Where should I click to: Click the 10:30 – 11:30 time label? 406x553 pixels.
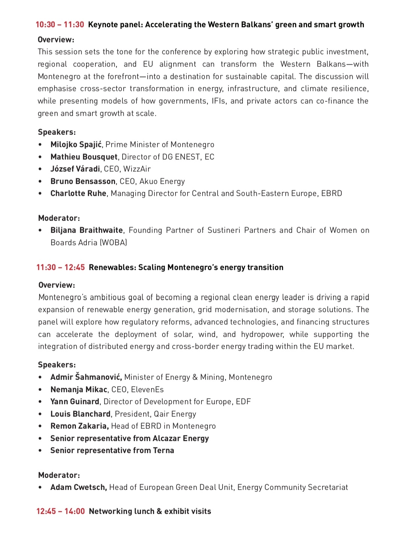[x=60, y=25]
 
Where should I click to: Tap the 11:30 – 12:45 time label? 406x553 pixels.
[x=61, y=268]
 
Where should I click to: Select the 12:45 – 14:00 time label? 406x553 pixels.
[x=61, y=511]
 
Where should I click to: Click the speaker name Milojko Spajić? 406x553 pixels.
[x=76, y=145]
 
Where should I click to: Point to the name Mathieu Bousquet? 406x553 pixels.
[x=84, y=157]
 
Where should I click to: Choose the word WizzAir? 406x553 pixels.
[x=137, y=169]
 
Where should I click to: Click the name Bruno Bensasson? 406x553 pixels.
[x=83, y=182]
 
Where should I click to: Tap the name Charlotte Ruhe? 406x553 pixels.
[x=79, y=194]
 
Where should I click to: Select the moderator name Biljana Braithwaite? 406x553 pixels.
[x=86, y=230]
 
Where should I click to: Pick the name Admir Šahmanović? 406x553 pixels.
[x=86, y=377]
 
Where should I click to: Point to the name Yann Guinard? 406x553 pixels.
[x=75, y=401]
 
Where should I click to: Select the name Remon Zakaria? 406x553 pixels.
[x=79, y=426]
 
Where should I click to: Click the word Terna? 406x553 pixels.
[x=164, y=450]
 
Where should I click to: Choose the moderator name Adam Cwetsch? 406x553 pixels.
[x=79, y=487]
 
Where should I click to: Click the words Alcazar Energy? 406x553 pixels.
[x=180, y=438]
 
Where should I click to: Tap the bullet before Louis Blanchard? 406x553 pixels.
[x=40, y=414]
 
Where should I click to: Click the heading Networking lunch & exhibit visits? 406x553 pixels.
[x=150, y=511]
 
